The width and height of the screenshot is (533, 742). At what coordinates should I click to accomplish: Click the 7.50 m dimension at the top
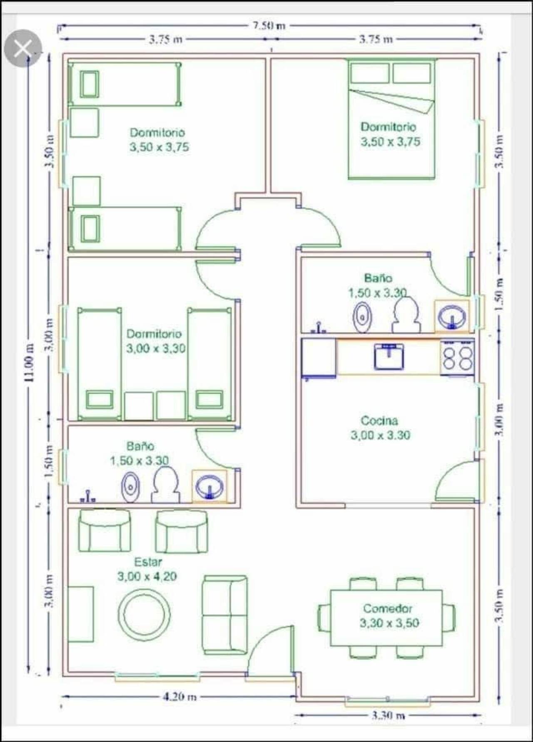(269, 25)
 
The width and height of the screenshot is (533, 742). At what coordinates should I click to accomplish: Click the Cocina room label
(379, 420)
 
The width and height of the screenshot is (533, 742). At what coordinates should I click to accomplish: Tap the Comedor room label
(388, 608)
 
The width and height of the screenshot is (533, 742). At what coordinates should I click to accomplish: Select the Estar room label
(148, 562)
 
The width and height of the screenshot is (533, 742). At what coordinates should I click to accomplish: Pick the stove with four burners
(458, 357)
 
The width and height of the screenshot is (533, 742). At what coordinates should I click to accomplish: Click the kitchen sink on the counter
(389, 357)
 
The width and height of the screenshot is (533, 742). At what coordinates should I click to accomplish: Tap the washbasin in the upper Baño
(452, 316)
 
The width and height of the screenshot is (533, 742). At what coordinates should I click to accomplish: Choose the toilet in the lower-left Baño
(166, 484)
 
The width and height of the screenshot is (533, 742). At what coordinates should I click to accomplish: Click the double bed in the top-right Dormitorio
(392, 119)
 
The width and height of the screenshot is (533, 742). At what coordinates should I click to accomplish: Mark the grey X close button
(22, 48)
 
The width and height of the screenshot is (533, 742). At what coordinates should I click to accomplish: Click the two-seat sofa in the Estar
(225, 615)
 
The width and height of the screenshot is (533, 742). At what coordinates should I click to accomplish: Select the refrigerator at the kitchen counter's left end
(319, 357)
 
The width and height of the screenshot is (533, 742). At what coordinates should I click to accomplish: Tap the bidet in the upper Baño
(362, 317)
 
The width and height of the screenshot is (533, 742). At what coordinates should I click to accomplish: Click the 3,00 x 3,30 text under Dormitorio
(156, 348)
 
